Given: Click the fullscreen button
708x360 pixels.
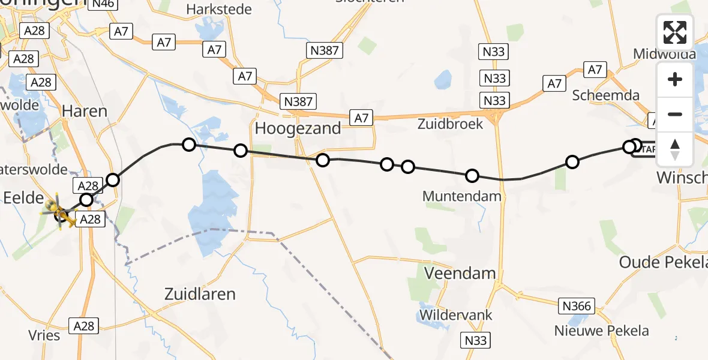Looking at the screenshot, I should (675, 32).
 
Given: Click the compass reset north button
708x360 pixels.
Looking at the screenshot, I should (675, 149).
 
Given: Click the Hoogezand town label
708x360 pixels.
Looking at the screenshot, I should (298, 128).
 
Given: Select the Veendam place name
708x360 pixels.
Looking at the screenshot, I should (460, 274).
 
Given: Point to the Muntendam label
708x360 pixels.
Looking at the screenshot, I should (462, 196).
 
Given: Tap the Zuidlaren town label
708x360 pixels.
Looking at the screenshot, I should (200, 294).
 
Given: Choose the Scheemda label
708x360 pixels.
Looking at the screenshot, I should (605, 95).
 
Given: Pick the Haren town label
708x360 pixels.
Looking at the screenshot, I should (85, 111).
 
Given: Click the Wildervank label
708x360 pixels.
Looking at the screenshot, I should (456, 315).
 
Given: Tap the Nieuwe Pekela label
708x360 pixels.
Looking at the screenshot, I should (602, 331).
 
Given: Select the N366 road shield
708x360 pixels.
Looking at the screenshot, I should (577, 307).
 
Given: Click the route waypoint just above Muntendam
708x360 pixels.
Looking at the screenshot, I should (472, 176).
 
